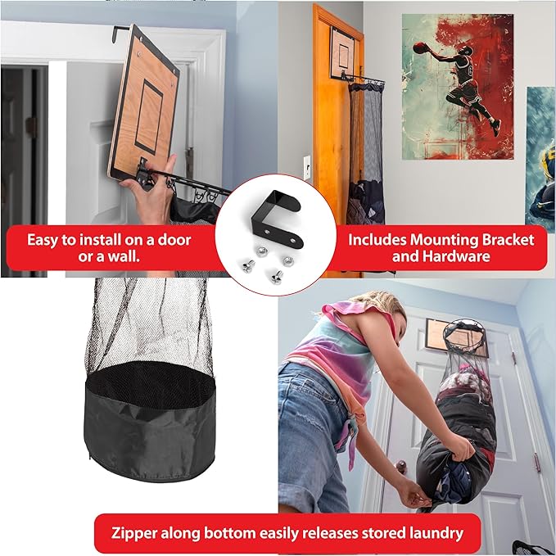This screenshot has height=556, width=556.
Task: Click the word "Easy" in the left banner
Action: click(x=45, y=240)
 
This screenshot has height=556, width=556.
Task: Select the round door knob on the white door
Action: click(x=402, y=468)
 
